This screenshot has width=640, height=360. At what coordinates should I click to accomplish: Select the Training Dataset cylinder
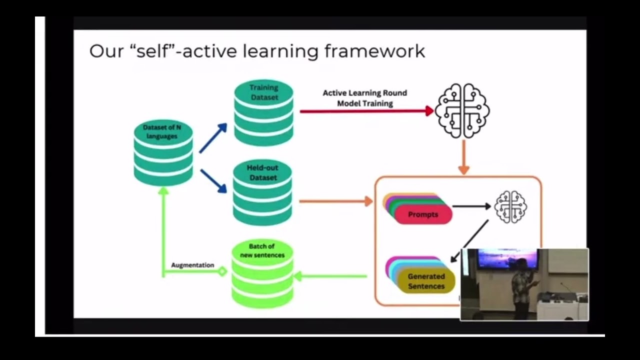[263, 113]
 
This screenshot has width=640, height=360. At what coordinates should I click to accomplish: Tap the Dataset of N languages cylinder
[163, 152]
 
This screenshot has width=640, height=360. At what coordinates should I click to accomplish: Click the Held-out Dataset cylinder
[262, 192]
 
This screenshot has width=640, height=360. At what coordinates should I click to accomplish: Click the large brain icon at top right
[462, 110]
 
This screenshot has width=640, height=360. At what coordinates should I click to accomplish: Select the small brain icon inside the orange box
[510, 206]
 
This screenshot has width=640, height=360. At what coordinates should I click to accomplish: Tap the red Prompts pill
[423, 214]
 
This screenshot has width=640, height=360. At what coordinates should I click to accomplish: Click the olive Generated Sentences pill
[426, 281]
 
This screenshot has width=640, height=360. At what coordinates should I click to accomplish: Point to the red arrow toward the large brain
[365, 111]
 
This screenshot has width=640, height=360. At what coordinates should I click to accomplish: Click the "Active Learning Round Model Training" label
[365, 98]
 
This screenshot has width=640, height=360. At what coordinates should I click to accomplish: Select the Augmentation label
[192, 265]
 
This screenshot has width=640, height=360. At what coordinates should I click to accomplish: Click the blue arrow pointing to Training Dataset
[212, 138]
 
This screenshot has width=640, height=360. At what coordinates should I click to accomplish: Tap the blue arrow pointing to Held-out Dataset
[213, 180]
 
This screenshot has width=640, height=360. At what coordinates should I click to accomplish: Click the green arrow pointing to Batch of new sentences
[330, 275]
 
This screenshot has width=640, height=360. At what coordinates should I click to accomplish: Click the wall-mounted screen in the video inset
[506, 259]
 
